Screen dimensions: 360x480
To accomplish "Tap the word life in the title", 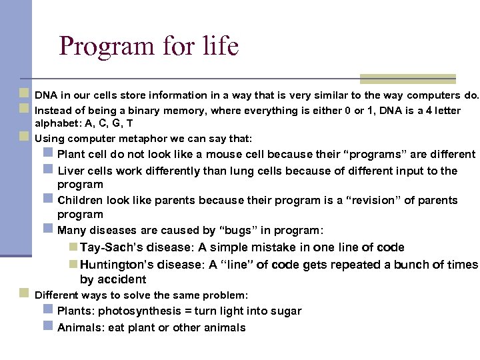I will click(x=217, y=47).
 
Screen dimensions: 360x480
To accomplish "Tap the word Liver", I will click(x=71, y=171).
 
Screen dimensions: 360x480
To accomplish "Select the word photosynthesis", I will click(x=137, y=311).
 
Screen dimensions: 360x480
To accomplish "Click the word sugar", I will click(x=286, y=311).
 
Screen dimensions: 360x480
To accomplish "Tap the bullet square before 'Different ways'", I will click(x=24, y=294).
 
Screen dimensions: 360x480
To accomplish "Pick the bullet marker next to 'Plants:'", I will click(x=48, y=310).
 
